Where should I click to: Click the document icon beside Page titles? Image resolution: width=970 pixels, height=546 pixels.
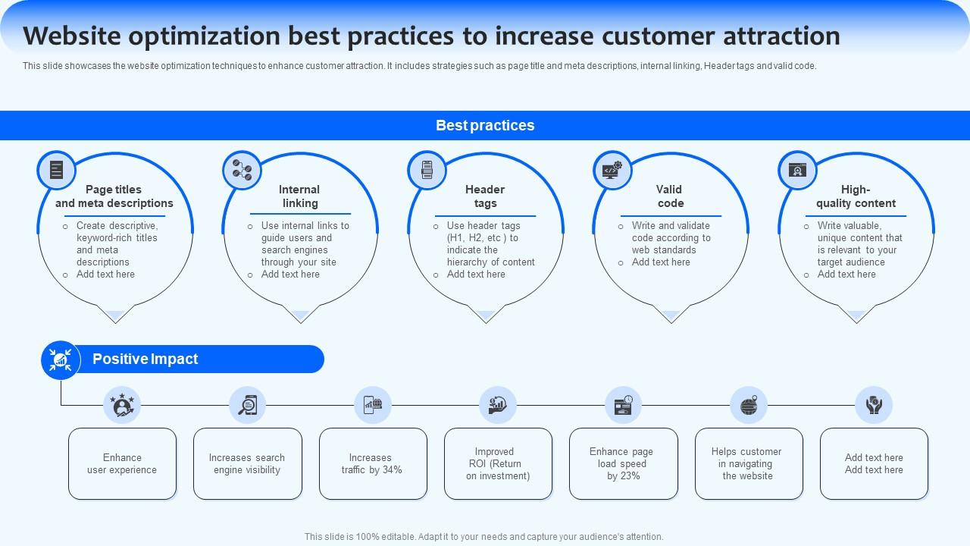[x=56, y=170]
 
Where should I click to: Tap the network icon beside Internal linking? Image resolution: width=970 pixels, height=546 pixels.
[x=242, y=170]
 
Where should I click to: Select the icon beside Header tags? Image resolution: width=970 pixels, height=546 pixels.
[x=427, y=170]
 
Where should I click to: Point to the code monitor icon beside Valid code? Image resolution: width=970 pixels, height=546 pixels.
[x=612, y=170]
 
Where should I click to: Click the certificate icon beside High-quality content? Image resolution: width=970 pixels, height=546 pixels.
[x=797, y=170]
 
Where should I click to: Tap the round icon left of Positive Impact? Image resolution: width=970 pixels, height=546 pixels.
[x=61, y=360]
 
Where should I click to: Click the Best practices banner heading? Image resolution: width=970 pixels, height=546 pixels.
[x=485, y=125]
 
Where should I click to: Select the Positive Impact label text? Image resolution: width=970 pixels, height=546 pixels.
[x=145, y=359]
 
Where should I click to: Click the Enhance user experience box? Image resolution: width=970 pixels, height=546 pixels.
[x=122, y=463]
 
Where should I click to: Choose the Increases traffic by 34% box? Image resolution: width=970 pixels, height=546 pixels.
[x=373, y=463]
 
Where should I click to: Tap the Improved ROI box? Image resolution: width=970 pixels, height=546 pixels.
[x=498, y=463]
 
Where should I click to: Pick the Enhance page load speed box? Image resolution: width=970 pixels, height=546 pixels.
[x=624, y=463]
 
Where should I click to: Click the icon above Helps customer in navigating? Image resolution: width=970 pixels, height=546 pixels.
[x=749, y=405]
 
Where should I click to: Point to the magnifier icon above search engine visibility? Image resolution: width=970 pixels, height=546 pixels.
[x=248, y=405]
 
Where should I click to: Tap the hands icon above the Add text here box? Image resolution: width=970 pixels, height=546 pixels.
[x=874, y=405]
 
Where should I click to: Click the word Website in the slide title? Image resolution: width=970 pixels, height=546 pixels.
[x=71, y=36]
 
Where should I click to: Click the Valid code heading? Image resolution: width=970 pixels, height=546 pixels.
[x=670, y=196]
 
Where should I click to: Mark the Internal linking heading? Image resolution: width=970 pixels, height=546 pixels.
[x=299, y=196]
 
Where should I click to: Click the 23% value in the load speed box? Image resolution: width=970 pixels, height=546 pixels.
[x=630, y=475]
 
